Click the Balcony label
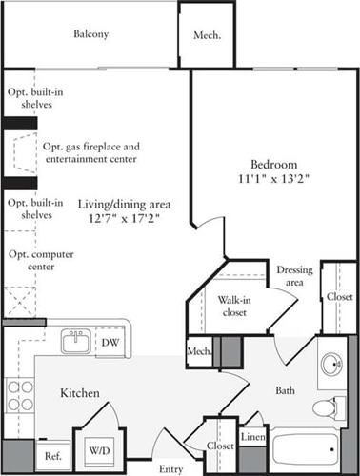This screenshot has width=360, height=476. tap(91, 34)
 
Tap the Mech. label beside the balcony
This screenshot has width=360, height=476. tap(207, 36)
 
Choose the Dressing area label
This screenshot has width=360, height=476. tap(294, 276)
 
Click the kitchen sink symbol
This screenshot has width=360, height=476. tap(74, 341)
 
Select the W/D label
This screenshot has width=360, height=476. tap(99, 449)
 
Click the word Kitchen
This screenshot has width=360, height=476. tap(81, 392)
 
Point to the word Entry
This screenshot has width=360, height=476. tap(170, 468)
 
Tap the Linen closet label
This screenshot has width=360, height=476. tap(251, 438)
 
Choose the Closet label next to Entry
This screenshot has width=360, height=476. tap(221, 446)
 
